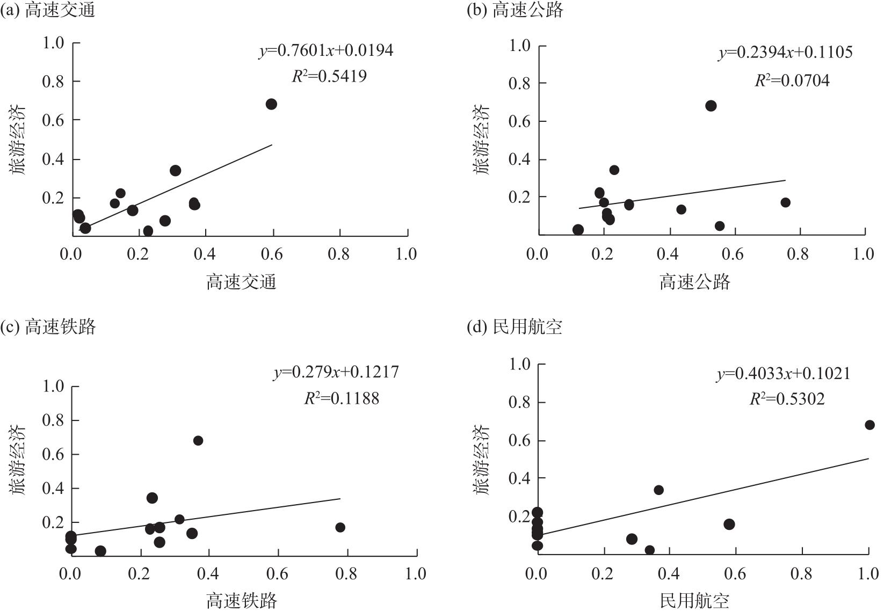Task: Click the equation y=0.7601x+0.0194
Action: coord(326,50)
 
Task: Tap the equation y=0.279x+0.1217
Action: coord(336,372)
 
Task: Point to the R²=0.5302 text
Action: coord(787,399)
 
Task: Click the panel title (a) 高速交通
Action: coord(48,10)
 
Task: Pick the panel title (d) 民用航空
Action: coord(515,326)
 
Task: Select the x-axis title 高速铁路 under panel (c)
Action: coord(242,600)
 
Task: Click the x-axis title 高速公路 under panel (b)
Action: coord(695,282)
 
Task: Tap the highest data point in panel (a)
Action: coord(271,104)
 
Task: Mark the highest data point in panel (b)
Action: coord(711,106)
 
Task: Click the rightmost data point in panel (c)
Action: coord(340,527)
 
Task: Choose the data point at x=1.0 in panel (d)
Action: coord(869,425)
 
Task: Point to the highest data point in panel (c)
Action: coord(198,440)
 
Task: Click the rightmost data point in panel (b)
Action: coord(785,202)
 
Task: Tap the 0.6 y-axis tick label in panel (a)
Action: coord(53,120)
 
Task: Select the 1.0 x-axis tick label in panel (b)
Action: coord(864,254)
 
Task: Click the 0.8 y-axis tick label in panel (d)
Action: coord(519,402)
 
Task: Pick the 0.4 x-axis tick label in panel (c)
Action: coord(208,573)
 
